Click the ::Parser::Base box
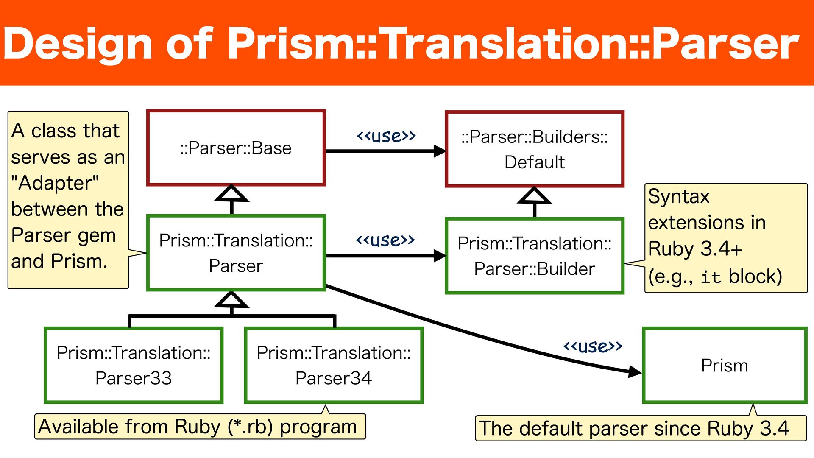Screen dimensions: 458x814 (236, 148)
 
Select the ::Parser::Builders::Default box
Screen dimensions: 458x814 (534, 149)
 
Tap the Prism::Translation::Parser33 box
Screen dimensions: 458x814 (134, 365)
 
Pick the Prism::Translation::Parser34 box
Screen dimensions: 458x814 (334, 365)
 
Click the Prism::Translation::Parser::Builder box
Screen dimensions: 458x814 (534, 256)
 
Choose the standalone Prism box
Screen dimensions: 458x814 (724, 366)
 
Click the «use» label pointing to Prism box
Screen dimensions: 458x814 (592, 346)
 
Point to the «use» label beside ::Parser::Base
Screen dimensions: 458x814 (386, 136)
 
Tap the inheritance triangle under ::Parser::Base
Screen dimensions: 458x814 (231, 195)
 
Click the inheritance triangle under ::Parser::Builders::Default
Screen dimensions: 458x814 (535, 197)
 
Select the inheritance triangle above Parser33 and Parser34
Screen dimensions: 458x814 (231, 300)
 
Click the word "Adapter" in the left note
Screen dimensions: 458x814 (55, 183)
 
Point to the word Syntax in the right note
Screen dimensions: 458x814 (678, 197)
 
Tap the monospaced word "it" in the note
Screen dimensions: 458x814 (711, 277)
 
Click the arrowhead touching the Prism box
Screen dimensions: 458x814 (634, 372)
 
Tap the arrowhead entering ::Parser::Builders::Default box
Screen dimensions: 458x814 (440, 151)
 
